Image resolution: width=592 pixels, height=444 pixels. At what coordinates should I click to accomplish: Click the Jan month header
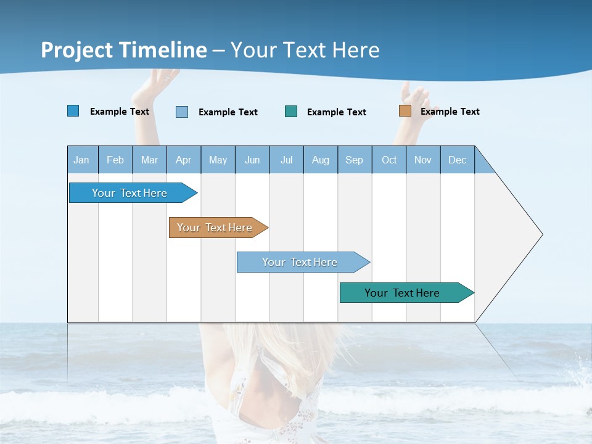[82, 160]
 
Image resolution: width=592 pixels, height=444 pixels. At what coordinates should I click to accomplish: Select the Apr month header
[184, 160]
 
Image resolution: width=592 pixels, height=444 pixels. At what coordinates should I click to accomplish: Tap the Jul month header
[286, 160]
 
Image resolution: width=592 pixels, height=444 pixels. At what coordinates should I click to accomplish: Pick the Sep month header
[355, 160]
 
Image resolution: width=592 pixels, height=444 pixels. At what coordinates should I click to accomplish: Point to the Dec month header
[457, 160]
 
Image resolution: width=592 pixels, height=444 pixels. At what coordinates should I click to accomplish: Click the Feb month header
[115, 160]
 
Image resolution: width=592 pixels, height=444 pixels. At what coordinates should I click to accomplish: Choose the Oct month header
[389, 160]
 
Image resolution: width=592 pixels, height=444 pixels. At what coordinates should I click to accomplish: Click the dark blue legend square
[73, 111]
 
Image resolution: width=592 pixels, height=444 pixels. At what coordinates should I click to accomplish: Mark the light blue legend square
[182, 112]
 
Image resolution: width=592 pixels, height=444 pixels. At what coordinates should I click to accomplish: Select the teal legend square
[291, 112]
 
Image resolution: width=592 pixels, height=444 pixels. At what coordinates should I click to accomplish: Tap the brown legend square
[405, 111]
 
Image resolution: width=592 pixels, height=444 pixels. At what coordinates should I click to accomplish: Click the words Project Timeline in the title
[124, 50]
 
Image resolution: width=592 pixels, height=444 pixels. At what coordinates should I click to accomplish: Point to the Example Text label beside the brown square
[450, 112]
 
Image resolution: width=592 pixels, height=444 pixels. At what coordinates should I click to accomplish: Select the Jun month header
[252, 160]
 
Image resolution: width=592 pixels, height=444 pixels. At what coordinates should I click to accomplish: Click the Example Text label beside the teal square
[336, 112]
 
